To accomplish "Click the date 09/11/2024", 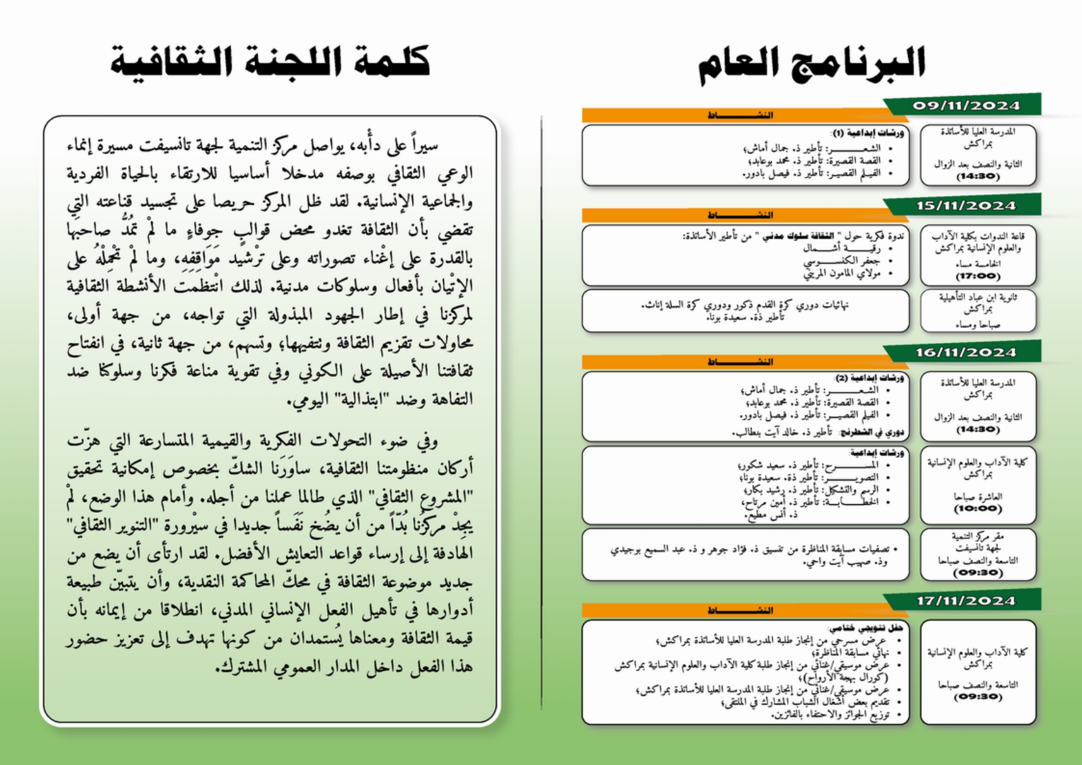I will pyautogui.click(x=965, y=105).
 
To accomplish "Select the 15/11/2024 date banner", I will pyautogui.click(x=965, y=205).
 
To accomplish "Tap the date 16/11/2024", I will pyautogui.click(x=965, y=353).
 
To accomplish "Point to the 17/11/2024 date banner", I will pyautogui.click(x=965, y=601).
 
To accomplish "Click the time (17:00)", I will pyautogui.click(x=977, y=276).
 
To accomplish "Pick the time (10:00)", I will pyautogui.click(x=977, y=509).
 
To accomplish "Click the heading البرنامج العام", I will pyautogui.click(x=811, y=63).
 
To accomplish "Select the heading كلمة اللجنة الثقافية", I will pyautogui.click(x=270, y=62).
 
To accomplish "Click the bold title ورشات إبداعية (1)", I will pyautogui.click(x=868, y=133).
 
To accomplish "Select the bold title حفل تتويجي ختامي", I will pyautogui.click(x=866, y=628).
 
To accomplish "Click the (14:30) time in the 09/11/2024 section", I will pyautogui.click(x=977, y=176).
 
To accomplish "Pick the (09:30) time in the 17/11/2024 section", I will pyautogui.click(x=977, y=697).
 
